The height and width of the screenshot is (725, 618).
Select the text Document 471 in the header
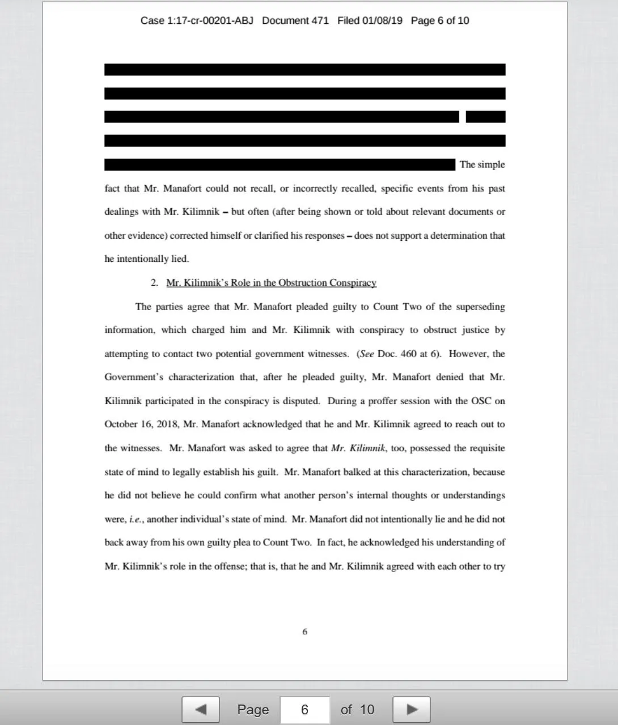click(295, 20)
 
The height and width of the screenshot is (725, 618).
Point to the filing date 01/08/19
click(382, 20)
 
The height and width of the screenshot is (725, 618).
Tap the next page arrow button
click(411, 709)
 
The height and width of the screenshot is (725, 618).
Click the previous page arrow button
click(200, 709)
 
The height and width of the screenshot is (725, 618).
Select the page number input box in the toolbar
click(304, 710)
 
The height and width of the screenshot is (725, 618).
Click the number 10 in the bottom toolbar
click(367, 710)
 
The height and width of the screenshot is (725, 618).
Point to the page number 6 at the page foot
click(304, 631)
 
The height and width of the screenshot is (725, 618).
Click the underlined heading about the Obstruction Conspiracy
click(271, 283)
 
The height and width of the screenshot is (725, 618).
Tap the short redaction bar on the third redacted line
click(485, 117)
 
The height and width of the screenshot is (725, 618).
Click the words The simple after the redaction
click(482, 164)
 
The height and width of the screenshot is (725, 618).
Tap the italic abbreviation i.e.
click(136, 519)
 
